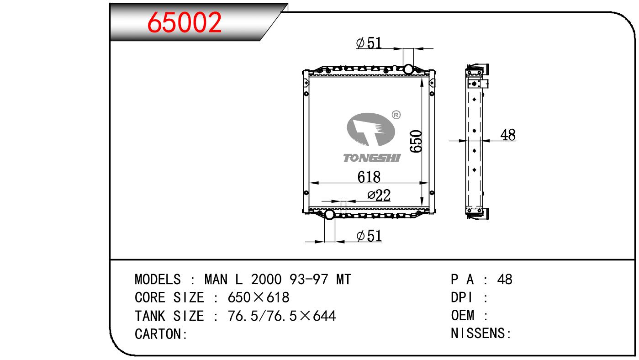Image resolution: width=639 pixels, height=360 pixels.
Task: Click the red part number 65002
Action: (184, 22)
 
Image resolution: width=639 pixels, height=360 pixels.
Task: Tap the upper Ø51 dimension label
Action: (369, 43)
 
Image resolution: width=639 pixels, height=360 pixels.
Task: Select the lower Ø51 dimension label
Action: (369, 236)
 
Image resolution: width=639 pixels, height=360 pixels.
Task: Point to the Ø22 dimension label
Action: (379, 196)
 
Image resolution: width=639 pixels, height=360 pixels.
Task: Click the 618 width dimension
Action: (369, 177)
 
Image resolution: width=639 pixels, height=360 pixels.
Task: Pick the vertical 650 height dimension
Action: (416, 141)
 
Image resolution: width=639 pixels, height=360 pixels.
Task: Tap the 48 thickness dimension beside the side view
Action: (508, 135)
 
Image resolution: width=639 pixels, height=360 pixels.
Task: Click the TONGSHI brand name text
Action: (372, 158)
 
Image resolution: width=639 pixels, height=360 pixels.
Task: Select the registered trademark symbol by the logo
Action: (396, 115)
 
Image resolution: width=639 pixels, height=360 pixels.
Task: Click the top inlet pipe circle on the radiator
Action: (408, 69)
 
